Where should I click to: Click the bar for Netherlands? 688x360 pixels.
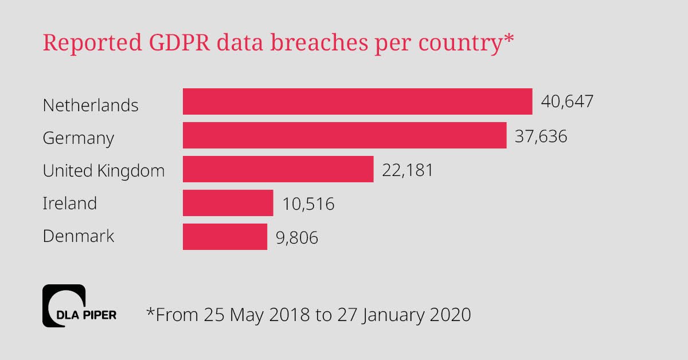pos(357,101)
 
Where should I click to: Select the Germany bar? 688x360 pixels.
pos(345,135)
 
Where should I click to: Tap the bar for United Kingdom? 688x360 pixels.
pos(278,169)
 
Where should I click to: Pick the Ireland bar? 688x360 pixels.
pos(228,203)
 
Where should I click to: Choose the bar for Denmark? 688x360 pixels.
pos(225,237)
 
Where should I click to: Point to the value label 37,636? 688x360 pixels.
pos(541,136)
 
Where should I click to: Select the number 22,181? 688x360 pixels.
pos(408,170)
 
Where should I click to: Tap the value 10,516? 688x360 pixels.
pos(308,204)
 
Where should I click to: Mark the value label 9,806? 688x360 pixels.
pos(296,237)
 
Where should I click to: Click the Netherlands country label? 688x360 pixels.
pos(91,105)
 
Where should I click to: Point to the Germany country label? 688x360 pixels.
pos(79,139)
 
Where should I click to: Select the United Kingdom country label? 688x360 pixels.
pos(104,171)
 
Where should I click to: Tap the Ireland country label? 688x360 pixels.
pos(70,204)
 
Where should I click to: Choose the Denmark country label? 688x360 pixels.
pos(79,236)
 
